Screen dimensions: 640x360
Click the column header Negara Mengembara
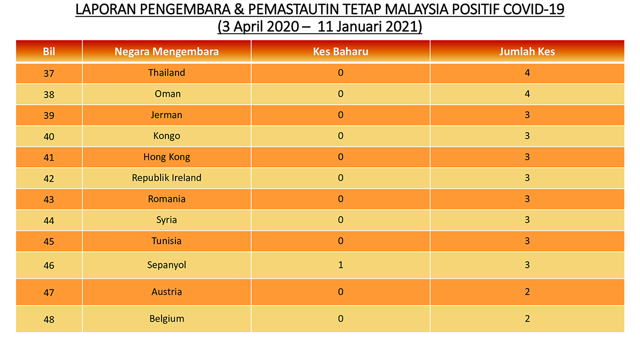pos(166,52)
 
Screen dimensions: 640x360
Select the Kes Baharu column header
pos(341,52)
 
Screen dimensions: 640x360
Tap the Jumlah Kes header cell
pos(527,52)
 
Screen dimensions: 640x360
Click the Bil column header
pos(49,52)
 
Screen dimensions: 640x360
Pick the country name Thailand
pos(166,73)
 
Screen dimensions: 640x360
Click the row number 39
pos(49,115)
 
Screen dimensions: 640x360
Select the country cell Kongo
pos(166,136)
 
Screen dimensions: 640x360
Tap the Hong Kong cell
pos(166,157)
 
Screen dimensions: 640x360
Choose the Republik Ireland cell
pos(166,178)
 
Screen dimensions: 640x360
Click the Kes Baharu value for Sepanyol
pos(341,265)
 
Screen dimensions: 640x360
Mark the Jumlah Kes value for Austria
pos(527,292)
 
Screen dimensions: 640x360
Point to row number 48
pos(49,319)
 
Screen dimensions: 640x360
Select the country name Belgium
pos(167,319)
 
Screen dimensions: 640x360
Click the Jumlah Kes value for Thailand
pos(527,73)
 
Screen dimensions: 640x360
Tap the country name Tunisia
pos(166,241)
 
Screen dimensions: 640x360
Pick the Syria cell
pos(166,220)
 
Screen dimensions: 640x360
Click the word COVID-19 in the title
pos(533,10)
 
